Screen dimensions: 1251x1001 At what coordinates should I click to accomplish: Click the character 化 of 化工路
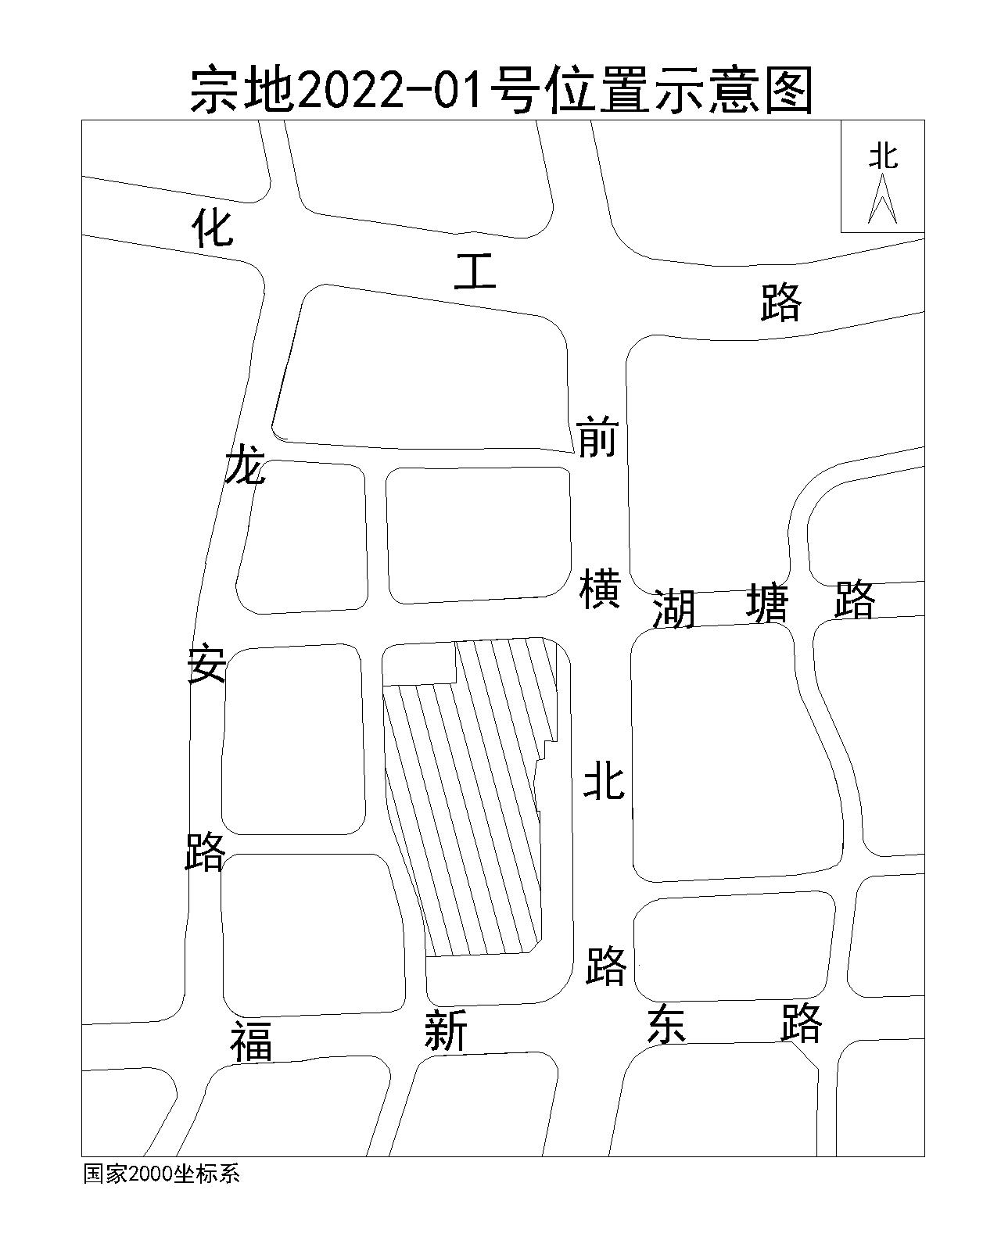[x=213, y=228]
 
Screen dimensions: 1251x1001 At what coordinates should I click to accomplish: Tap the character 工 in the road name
[x=475, y=273]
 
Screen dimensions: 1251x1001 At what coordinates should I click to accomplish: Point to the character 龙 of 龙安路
[x=246, y=467]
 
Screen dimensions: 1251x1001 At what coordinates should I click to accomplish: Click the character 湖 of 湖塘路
[x=674, y=608]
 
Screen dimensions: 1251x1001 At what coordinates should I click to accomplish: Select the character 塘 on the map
[x=768, y=603]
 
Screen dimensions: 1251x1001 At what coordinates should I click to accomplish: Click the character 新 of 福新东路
[x=446, y=1031]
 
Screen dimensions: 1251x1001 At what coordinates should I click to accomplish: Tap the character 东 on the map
[x=666, y=1025]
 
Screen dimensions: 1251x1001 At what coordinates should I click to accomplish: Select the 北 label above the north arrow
[x=884, y=156]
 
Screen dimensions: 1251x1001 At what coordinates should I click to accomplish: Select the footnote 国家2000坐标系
[x=161, y=1174]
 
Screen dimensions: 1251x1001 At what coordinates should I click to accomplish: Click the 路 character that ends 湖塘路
[x=855, y=600]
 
